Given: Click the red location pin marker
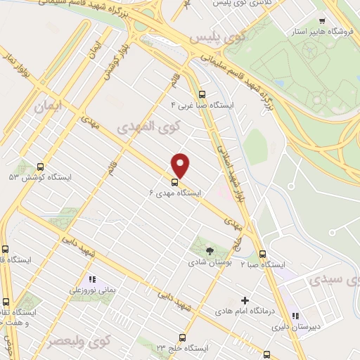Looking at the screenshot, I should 181,165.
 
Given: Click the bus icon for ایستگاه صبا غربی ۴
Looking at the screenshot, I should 202,94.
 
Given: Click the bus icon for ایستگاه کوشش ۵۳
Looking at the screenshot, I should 39,168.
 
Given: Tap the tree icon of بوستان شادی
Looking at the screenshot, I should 209,250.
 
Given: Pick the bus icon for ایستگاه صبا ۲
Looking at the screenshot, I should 262,254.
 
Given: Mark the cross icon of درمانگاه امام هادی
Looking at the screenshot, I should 245,300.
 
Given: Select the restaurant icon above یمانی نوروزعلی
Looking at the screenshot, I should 92,279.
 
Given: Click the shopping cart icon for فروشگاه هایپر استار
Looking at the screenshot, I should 322,21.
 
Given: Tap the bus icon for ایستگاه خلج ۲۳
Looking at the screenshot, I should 182,337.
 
